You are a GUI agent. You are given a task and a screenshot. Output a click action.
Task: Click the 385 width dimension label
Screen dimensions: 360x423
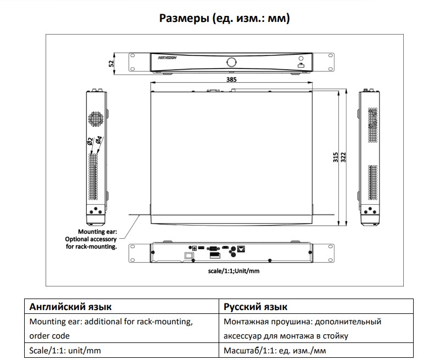(231, 80)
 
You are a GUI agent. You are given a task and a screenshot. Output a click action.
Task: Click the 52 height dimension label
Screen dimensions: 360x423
(112, 63)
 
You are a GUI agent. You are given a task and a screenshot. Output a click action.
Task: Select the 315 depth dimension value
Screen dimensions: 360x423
(335, 157)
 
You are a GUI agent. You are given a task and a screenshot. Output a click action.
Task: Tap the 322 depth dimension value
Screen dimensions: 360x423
(343, 157)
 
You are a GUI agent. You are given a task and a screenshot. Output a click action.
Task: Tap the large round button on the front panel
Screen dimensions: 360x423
(232, 61)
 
